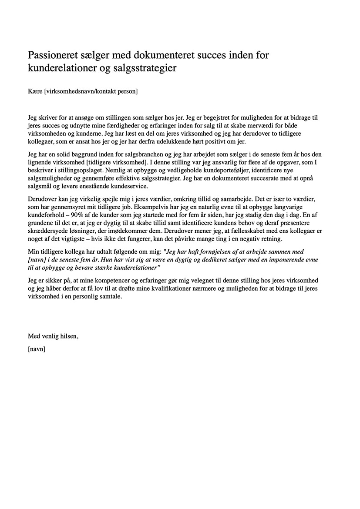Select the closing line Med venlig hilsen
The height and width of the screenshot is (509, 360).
coord(53,336)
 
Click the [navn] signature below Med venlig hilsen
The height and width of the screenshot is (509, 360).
coord(37,348)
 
